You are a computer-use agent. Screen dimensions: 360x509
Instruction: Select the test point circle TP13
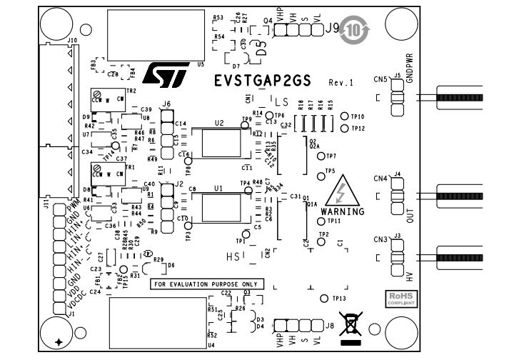coord(324,298)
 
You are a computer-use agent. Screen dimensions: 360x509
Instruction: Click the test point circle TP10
coord(345,116)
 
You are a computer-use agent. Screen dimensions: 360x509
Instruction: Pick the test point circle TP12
coord(345,129)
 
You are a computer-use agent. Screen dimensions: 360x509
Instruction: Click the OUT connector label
coord(410,215)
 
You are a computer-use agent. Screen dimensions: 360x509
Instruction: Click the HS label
coord(233,254)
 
